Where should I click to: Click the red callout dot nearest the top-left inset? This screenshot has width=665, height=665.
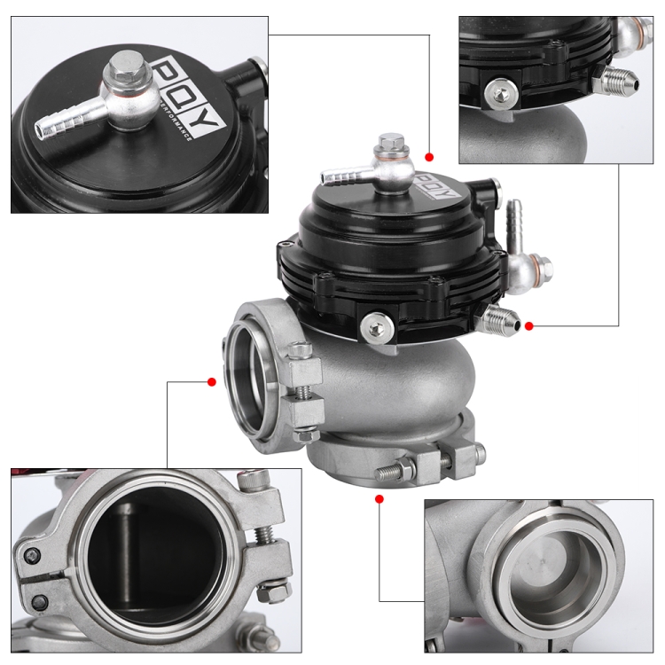click(429, 157)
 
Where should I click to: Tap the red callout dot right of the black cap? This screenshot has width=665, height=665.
click(529, 326)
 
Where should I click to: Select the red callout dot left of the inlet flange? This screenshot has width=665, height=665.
click(212, 382)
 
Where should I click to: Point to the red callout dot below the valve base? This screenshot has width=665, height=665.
click(379, 500)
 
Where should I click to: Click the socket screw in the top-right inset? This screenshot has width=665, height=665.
click(501, 90)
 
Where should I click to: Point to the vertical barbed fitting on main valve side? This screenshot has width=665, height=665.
click(514, 223)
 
